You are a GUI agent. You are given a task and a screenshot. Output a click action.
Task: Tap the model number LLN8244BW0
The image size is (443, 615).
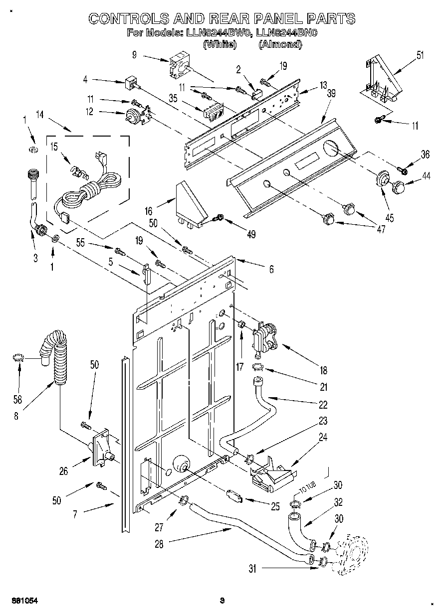[219, 33]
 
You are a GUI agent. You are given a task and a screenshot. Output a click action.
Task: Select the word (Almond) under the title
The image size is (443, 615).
[280, 44]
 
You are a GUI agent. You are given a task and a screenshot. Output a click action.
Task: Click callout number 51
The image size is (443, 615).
[420, 55]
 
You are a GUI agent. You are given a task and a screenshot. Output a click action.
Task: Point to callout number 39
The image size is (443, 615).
[331, 94]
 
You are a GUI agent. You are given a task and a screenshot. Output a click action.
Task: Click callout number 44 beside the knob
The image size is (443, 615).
[426, 176]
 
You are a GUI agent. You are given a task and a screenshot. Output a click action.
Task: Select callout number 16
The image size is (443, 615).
[148, 211]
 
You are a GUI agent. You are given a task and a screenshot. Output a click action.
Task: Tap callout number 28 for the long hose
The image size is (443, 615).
[159, 544]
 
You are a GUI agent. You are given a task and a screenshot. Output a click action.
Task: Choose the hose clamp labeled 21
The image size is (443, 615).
[258, 367]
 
